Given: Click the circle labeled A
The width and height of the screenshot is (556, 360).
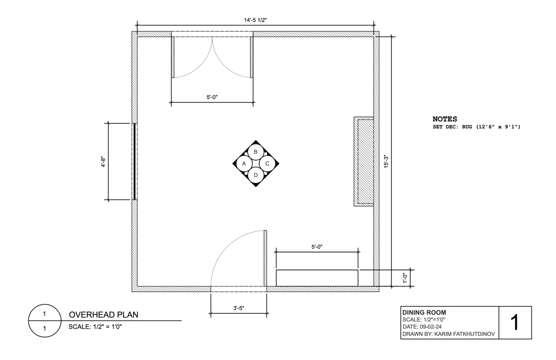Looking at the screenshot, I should click(x=244, y=163).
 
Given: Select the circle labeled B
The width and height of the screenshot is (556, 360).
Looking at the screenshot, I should click(x=256, y=152).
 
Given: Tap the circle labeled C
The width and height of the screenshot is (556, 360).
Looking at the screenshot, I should click(x=267, y=163).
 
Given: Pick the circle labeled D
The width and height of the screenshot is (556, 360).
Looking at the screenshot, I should click(x=256, y=175).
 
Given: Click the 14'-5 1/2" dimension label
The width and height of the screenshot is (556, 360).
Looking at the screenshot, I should click(x=255, y=20).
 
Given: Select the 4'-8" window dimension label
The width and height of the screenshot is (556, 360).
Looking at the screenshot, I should click(x=104, y=162).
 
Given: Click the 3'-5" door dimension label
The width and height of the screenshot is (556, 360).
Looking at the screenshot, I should click(x=239, y=308).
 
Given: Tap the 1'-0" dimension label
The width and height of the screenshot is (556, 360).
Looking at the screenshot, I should click(x=405, y=278).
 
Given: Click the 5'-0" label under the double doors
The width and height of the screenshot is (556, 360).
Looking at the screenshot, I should click(x=212, y=97).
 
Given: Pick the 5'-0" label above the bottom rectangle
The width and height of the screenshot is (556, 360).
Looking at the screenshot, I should click(x=317, y=247).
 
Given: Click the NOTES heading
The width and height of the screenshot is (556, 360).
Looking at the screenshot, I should click(x=445, y=119).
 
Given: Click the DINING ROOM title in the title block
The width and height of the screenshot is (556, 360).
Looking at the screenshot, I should click(x=424, y=312).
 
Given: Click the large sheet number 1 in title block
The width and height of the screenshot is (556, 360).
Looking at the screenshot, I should click(x=514, y=322).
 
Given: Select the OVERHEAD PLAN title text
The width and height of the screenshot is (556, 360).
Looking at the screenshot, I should click(x=104, y=314).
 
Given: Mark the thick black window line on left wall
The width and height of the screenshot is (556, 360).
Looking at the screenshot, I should click(x=135, y=162).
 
